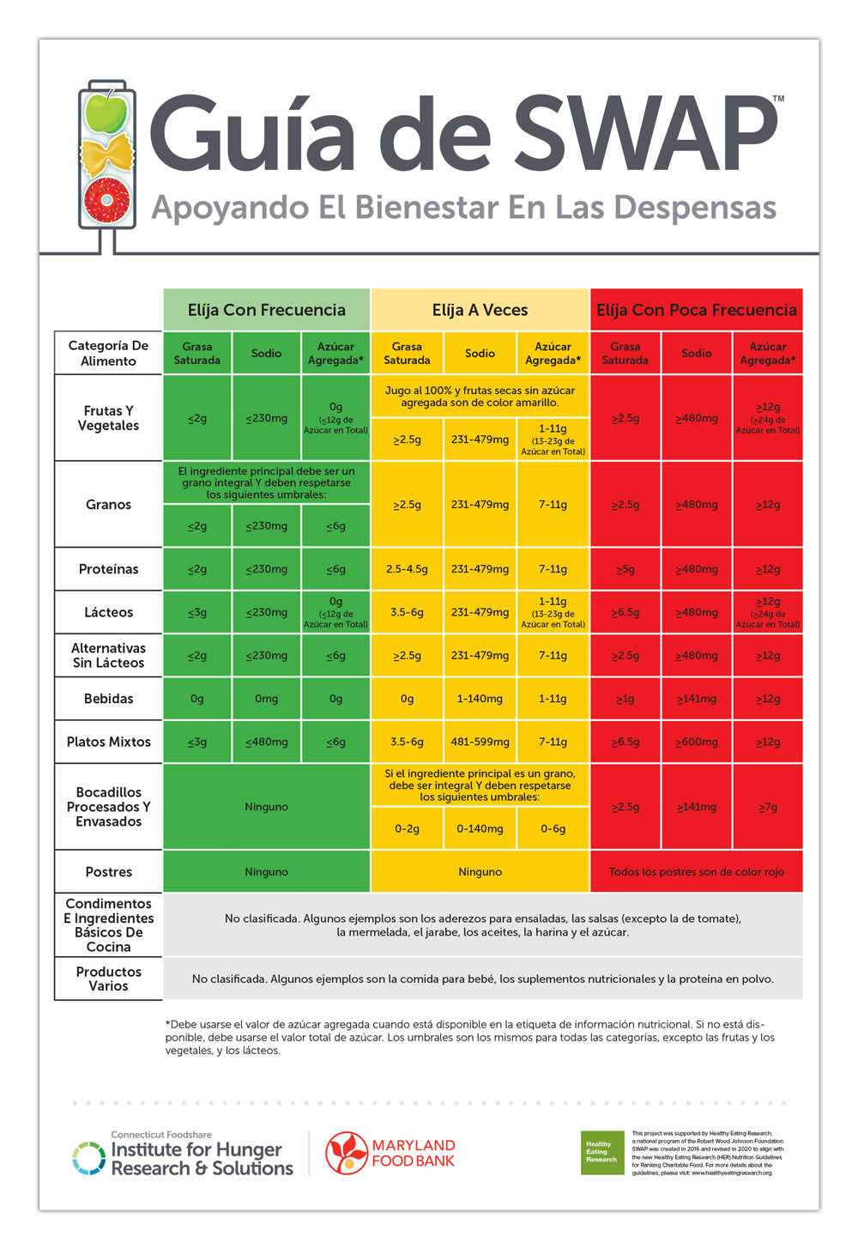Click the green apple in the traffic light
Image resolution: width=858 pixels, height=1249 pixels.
(107, 112)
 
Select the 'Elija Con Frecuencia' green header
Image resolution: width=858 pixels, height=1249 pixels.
(267, 310)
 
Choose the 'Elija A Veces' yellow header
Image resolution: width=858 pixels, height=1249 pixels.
(480, 310)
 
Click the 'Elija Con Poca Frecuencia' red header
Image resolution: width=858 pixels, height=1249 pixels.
(697, 310)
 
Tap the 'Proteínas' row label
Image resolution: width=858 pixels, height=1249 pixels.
(108, 569)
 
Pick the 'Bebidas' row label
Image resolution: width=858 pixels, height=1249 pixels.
(108, 699)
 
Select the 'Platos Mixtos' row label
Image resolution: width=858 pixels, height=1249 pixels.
(108, 742)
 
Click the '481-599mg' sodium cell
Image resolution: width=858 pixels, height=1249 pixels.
(480, 742)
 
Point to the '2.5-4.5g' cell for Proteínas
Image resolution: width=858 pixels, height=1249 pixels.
(407, 569)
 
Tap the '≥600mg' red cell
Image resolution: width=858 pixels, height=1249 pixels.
(697, 742)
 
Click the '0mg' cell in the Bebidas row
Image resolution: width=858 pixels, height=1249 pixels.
(266, 699)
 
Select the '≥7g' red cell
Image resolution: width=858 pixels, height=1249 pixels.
(768, 807)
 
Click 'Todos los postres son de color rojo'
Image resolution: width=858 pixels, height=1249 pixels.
(697, 872)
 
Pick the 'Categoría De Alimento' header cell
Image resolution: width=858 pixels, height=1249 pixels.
(108, 353)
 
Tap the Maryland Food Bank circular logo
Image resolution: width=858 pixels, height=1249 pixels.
(347, 1153)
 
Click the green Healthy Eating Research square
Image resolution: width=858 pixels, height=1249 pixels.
(601, 1153)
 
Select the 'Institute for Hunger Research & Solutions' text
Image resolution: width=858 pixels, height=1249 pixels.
(202, 1159)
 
